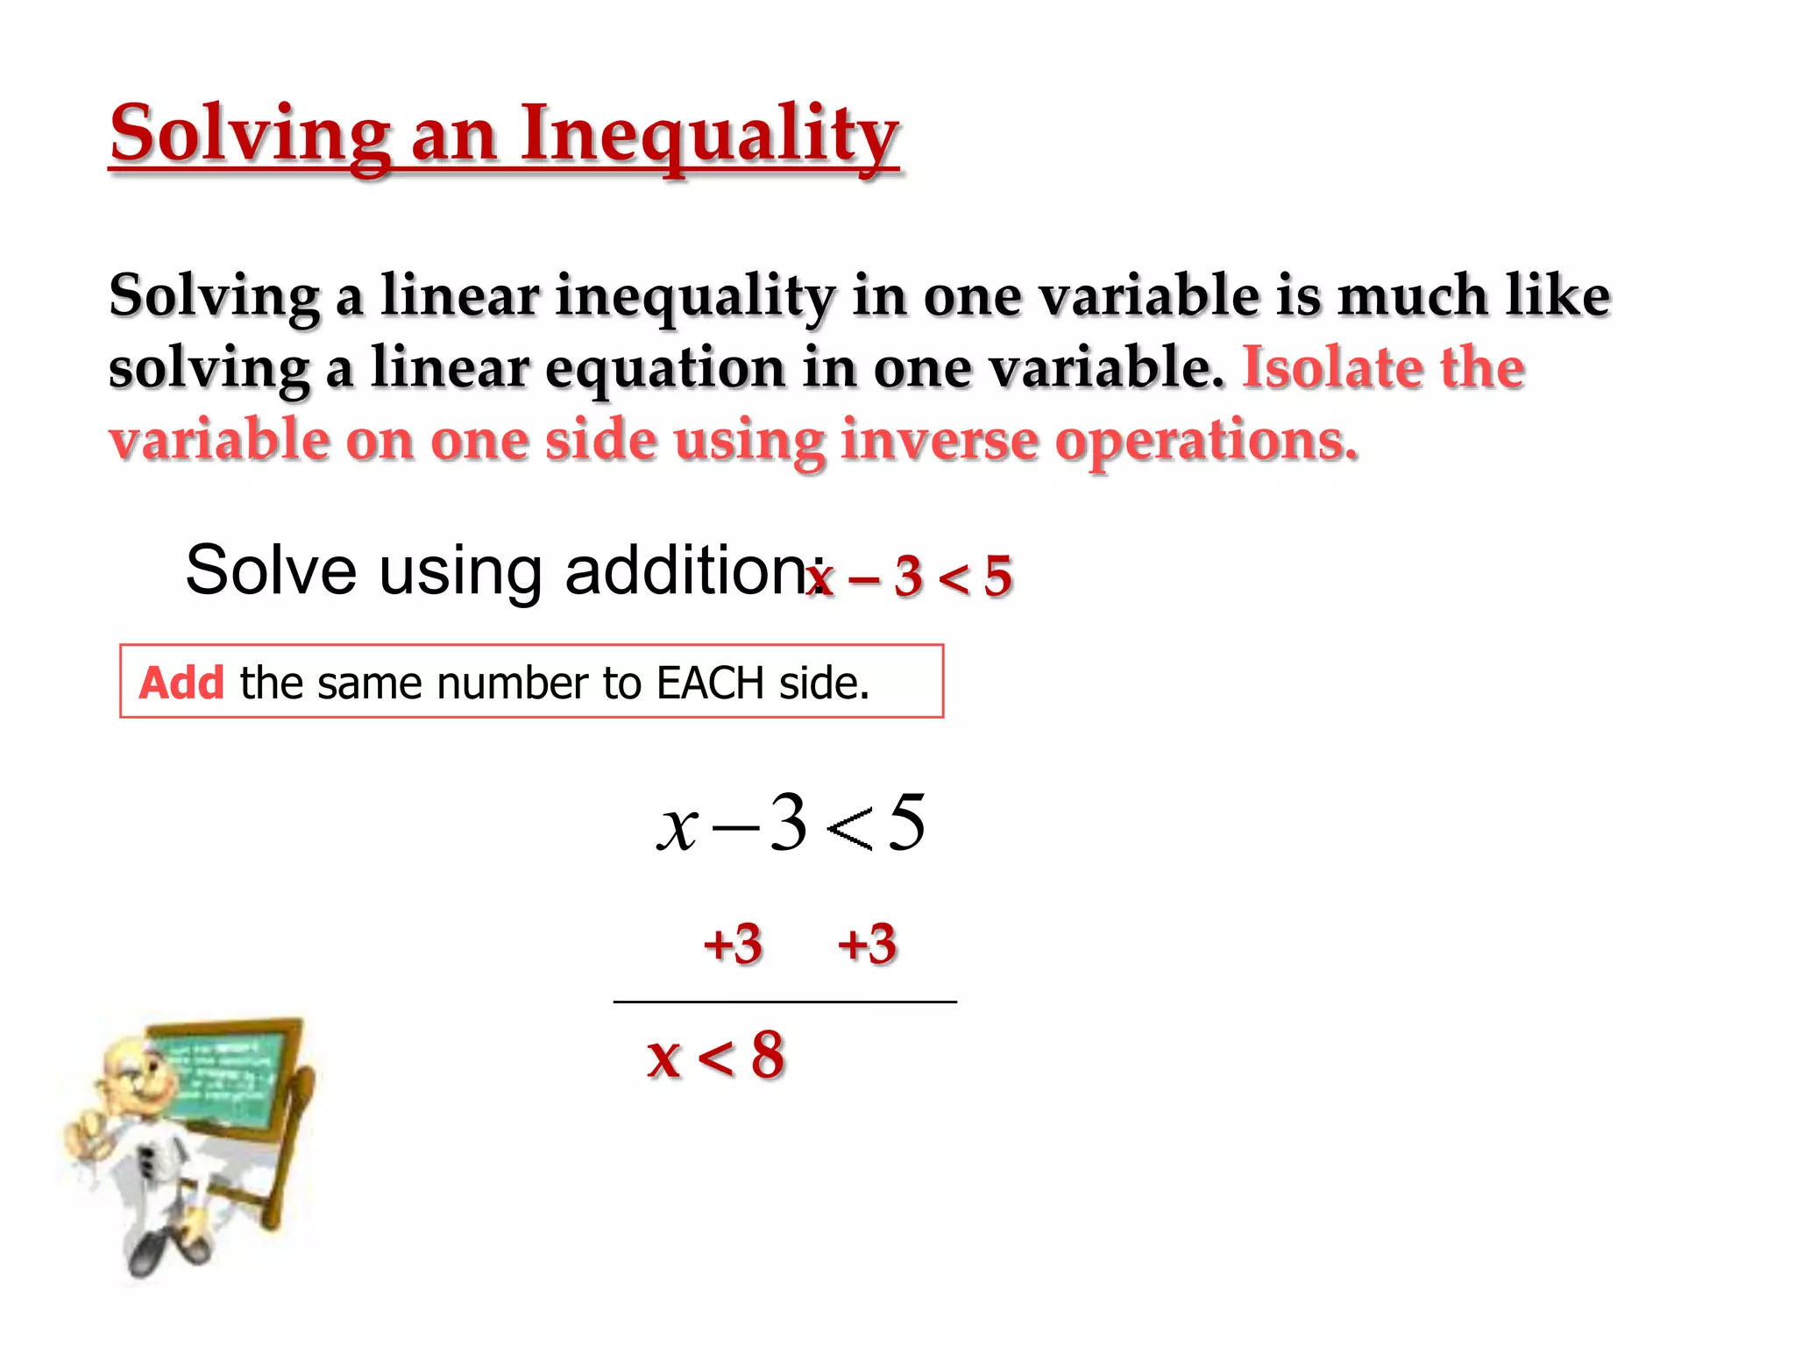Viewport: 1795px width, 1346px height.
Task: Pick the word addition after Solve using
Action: point(687,570)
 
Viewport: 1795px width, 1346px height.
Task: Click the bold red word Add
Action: point(181,683)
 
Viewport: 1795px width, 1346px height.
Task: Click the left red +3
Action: point(733,945)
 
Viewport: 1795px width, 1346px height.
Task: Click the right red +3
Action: point(867,945)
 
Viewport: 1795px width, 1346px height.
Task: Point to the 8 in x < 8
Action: point(767,1055)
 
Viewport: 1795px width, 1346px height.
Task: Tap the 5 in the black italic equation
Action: point(906,822)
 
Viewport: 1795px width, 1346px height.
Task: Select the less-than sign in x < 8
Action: point(715,1057)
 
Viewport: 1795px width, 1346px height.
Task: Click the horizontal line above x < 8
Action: point(784,1002)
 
